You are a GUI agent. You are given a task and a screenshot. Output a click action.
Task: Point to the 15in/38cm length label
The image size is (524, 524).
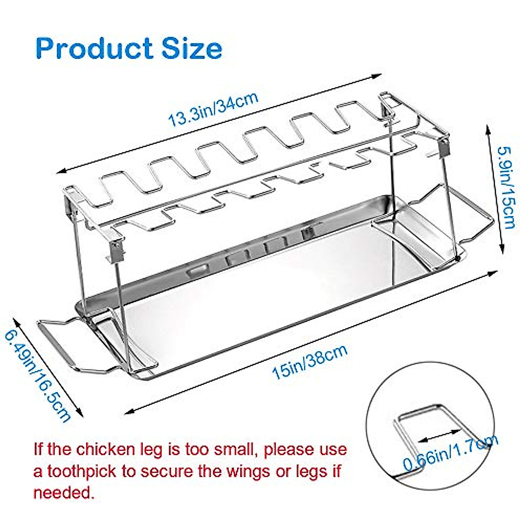[310, 362]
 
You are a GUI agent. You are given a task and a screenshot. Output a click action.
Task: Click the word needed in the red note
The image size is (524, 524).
[64, 493]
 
